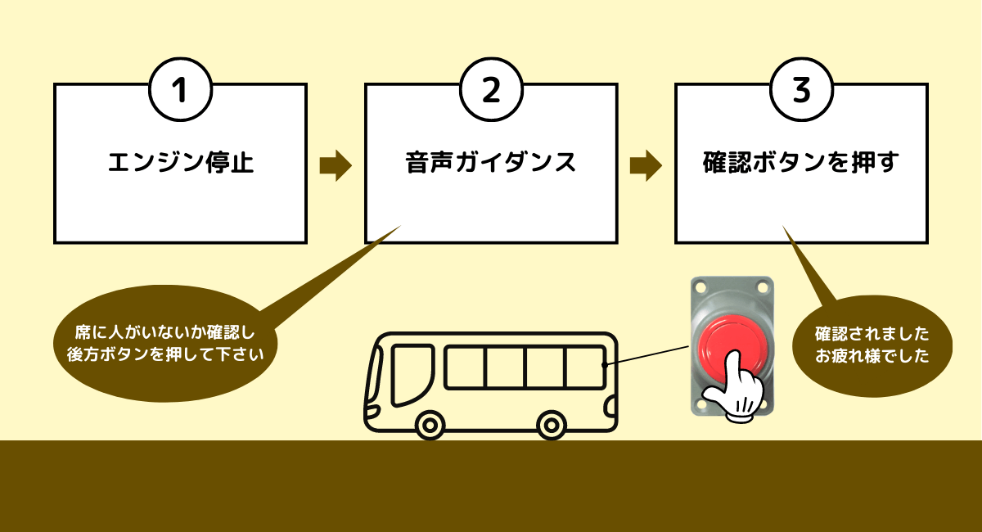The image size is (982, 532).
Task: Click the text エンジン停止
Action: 180,163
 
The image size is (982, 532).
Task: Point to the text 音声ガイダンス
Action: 491,163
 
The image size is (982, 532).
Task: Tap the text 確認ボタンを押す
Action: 801,163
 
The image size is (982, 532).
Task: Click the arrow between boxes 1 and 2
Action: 335,165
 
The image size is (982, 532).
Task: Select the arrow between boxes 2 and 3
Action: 646,165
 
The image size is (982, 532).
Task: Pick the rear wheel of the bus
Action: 552,424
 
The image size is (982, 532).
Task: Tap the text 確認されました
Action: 872,335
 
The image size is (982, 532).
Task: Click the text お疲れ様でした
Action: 872,357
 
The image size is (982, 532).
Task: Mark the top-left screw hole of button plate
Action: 700,286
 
